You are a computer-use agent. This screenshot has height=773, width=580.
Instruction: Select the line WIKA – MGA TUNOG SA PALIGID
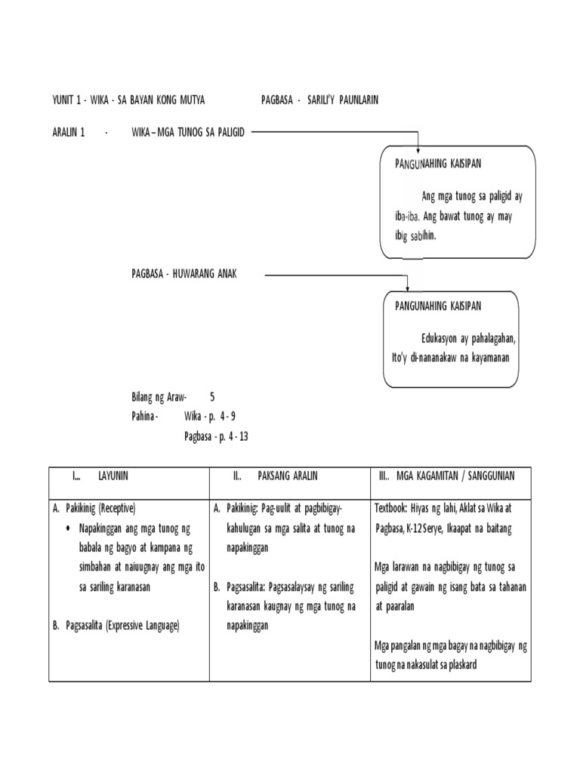coord(188,132)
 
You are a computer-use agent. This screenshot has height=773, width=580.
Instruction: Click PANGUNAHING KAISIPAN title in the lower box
coord(438,306)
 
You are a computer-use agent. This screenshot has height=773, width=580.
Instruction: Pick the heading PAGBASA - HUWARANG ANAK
coord(184,274)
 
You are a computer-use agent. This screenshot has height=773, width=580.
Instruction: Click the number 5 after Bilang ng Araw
coord(212,396)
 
